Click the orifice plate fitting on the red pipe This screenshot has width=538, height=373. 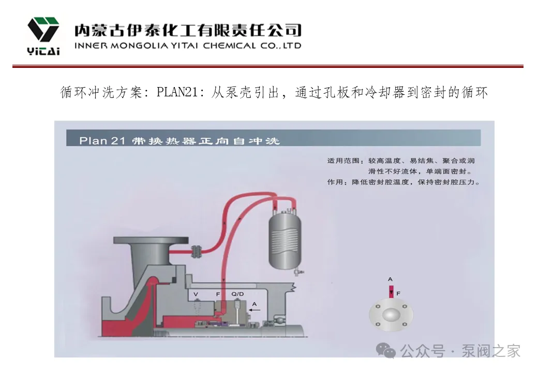pyautogui.click(x=196, y=250)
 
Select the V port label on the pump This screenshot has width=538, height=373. pyautogui.click(x=196, y=294)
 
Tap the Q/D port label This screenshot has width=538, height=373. pyautogui.click(x=237, y=294)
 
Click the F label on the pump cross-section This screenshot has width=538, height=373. pyautogui.click(x=218, y=294)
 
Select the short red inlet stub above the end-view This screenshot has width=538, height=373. pyautogui.click(x=392, y=291)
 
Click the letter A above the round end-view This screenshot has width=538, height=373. pyautogui.click(x=391, y=279)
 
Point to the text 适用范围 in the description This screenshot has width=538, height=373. pyautogui.click(x=343, y=161)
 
